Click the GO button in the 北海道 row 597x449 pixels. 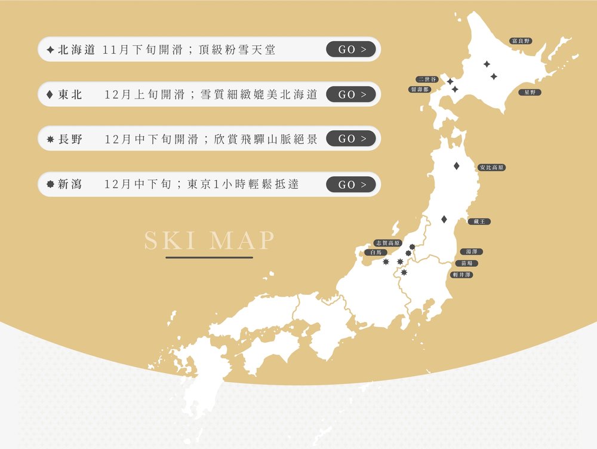coord(351,50)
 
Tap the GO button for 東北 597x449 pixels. coord(351,94)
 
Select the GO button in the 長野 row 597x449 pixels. coord(351,139)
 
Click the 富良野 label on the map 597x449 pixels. coord(521,41)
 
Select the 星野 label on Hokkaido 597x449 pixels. coord(530,93)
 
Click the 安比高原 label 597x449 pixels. coord(492,168)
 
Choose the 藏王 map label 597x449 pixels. coord(479,222)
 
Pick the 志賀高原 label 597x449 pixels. coord(387,243)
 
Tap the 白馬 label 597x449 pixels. coord(376,253)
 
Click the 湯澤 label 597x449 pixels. coord(471,252)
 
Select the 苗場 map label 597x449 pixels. coord(466,263)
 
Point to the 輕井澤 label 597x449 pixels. coord(462,275)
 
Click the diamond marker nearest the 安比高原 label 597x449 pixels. coord(457,166)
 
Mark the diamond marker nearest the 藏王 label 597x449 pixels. coord(444,220)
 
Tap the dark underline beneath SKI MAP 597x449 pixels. coord(209,258)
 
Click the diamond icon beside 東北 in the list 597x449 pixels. coord(50,94)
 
